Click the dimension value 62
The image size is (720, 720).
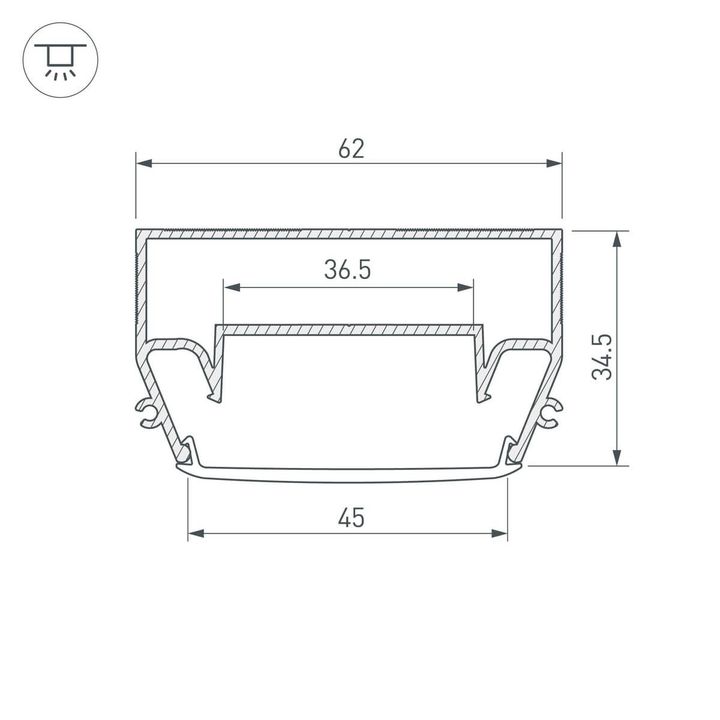(x=351, y=149)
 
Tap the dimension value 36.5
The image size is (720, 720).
(x=348, y=270)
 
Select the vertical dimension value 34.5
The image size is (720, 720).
(x=602, y=357)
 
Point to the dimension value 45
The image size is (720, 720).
(x=350, y=517)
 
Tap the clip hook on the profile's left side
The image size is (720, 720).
(x=147, y=412)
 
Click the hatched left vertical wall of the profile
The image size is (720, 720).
(x=139, y=290)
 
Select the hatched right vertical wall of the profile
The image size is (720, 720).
(x=556, y=290)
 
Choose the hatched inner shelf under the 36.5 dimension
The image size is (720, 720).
(x=348, y=328)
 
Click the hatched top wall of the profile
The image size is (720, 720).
(x=348, y=234)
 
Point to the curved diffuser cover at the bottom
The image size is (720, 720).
(x=348, y=476)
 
